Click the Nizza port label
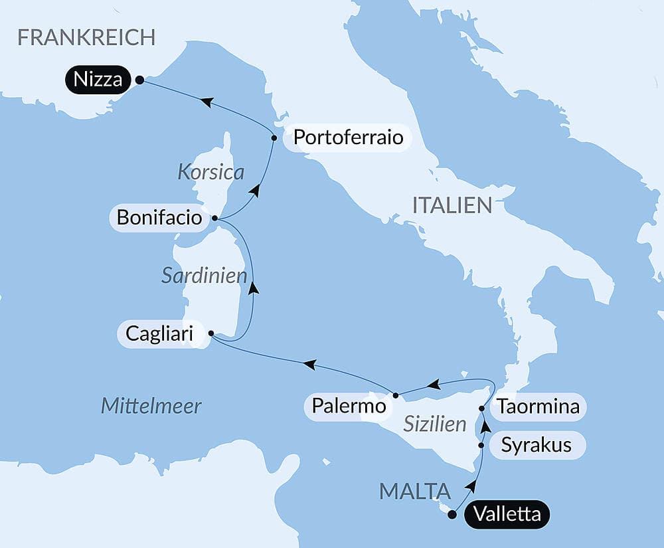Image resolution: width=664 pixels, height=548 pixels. click(98, 80)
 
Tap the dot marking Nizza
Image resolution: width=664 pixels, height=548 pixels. click(139, 80)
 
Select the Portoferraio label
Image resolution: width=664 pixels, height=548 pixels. click(348, 137)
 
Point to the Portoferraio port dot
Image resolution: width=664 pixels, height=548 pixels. click(274, 138)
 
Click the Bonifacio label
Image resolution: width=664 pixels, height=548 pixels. click(159, 217)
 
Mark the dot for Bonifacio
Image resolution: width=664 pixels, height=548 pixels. click(214, 217)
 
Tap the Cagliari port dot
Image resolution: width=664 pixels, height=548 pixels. click(210, 333)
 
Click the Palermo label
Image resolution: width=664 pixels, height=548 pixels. click(345, 405)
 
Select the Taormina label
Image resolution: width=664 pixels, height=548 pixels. click(539, 407)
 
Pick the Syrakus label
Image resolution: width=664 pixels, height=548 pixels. click(537, 444)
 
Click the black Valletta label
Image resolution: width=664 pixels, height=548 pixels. click(508, 514)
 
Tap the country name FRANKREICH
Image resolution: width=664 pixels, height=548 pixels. click(86, 37)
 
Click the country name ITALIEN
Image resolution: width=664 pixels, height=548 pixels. click(452, 205)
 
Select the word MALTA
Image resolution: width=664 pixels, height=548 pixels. click(414, 492)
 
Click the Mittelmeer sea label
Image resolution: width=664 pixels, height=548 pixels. click(151, 406)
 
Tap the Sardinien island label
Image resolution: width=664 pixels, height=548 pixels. click(204, 276)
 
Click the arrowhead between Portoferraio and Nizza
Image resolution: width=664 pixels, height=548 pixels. click(207, 102)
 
